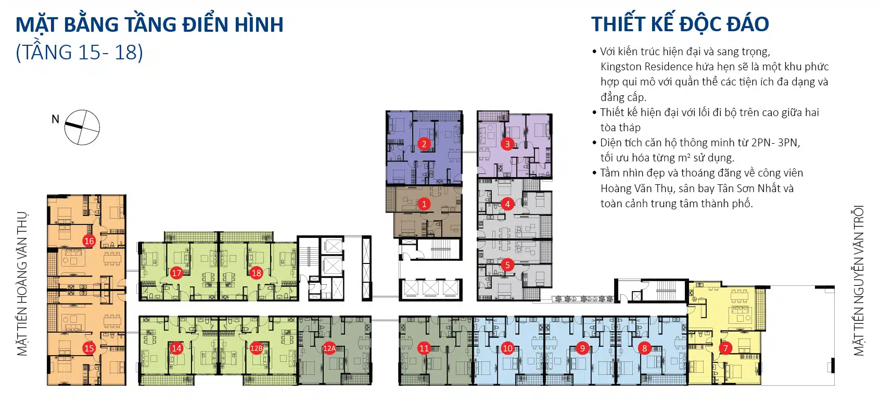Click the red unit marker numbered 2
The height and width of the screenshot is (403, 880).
click(424, 144)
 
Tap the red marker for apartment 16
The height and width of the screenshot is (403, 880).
click(89, 241)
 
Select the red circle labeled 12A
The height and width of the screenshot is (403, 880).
click(329, 348)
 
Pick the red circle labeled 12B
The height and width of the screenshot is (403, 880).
click(257, 348)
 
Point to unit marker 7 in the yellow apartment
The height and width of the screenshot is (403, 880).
click(725, 348)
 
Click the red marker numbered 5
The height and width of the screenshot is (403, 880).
click(507, 265)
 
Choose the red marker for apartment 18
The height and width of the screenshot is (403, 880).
click(257, 273)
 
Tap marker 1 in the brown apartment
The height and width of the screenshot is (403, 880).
click(424, 204)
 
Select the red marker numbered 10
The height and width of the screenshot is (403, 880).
click(507, 348)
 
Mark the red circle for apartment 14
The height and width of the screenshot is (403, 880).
click(176, 348)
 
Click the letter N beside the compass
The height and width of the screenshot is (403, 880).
click(55, 119)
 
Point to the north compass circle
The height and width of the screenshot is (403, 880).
click(82, 128)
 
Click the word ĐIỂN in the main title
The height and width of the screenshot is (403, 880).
click(209, 25)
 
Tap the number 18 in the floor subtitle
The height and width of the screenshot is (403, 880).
click(128, 53)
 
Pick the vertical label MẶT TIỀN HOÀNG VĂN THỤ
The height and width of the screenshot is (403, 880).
click(22, 284)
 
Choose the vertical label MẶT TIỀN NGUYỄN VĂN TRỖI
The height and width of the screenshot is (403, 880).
click(858, 281)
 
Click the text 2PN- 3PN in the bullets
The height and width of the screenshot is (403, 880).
click(775, 143)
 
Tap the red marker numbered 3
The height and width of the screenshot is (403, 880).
click(507, 144)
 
